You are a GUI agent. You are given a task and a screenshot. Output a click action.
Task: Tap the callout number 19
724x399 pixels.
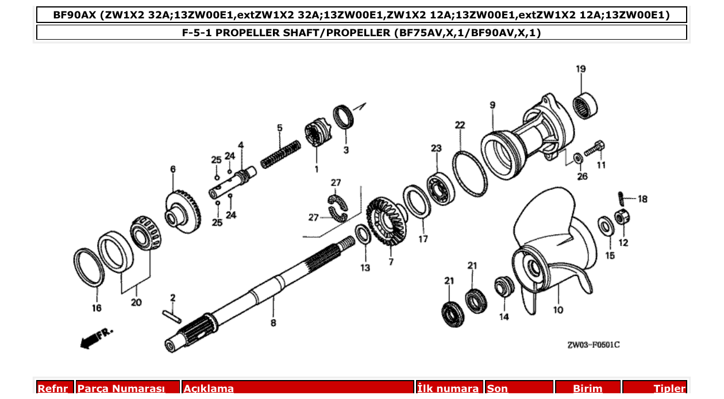[581, 69]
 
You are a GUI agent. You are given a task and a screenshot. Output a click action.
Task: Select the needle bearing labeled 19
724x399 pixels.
[586, 105]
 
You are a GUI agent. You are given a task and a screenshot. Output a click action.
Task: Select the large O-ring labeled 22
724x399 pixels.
[468, 172]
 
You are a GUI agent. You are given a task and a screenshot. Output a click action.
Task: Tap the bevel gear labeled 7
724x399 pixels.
[386, 221]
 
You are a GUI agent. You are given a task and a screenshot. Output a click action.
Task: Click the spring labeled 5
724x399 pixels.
[280, 154]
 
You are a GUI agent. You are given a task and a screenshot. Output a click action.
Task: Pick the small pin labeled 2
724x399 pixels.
[172, 316]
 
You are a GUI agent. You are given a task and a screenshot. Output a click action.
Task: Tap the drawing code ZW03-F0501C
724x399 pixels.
[593, 345]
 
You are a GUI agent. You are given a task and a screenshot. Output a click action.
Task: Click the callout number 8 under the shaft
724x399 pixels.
[273, 323]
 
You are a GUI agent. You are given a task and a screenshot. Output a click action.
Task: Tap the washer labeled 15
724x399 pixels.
[605, 225]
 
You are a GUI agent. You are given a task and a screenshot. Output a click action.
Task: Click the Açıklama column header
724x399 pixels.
[298, 389]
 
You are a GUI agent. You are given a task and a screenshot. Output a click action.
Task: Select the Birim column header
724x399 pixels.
[587, 389]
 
